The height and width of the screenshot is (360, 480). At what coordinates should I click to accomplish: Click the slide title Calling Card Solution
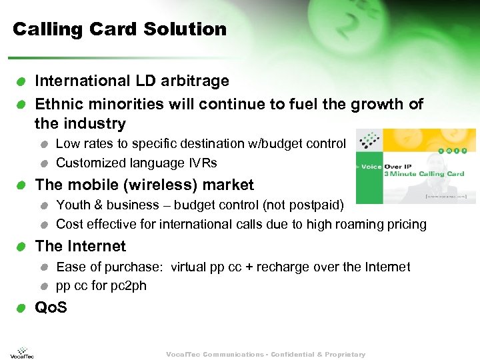coord(120,29)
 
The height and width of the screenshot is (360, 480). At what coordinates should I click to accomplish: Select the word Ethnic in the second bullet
coord(58,105)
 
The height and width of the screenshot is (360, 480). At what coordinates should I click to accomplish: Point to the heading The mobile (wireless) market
coord(144,185)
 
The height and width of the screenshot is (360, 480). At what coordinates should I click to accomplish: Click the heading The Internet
coord(80,246)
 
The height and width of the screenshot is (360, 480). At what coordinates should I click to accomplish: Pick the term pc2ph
coord(128,286)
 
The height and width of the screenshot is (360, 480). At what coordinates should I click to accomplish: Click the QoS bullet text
coord(51,307)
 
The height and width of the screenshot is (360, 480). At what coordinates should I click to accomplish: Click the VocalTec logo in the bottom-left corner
coord(22,352)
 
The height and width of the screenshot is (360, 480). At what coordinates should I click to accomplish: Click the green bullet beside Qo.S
coord(22,308)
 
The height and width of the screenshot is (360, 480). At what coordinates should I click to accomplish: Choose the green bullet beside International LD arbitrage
coord(22,82)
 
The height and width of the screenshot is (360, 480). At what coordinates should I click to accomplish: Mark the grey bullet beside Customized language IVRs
coord(43,163)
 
